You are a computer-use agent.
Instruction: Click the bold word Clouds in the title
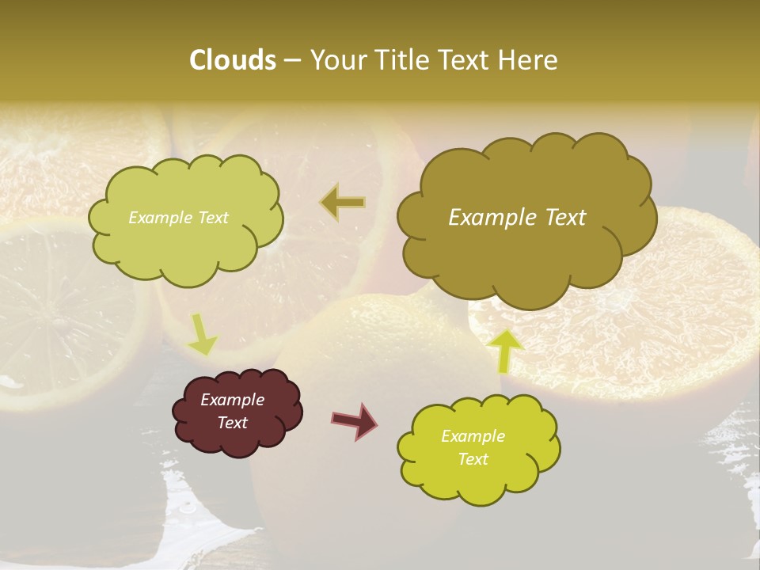(233, 60)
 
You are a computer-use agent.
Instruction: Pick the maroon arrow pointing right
(355, 420)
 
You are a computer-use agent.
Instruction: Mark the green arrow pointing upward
(507, 350)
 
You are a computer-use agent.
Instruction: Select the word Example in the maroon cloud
(232, 400)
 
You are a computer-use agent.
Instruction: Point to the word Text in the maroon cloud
(232, 423)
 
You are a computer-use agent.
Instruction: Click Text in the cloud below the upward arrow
(473, 459)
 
